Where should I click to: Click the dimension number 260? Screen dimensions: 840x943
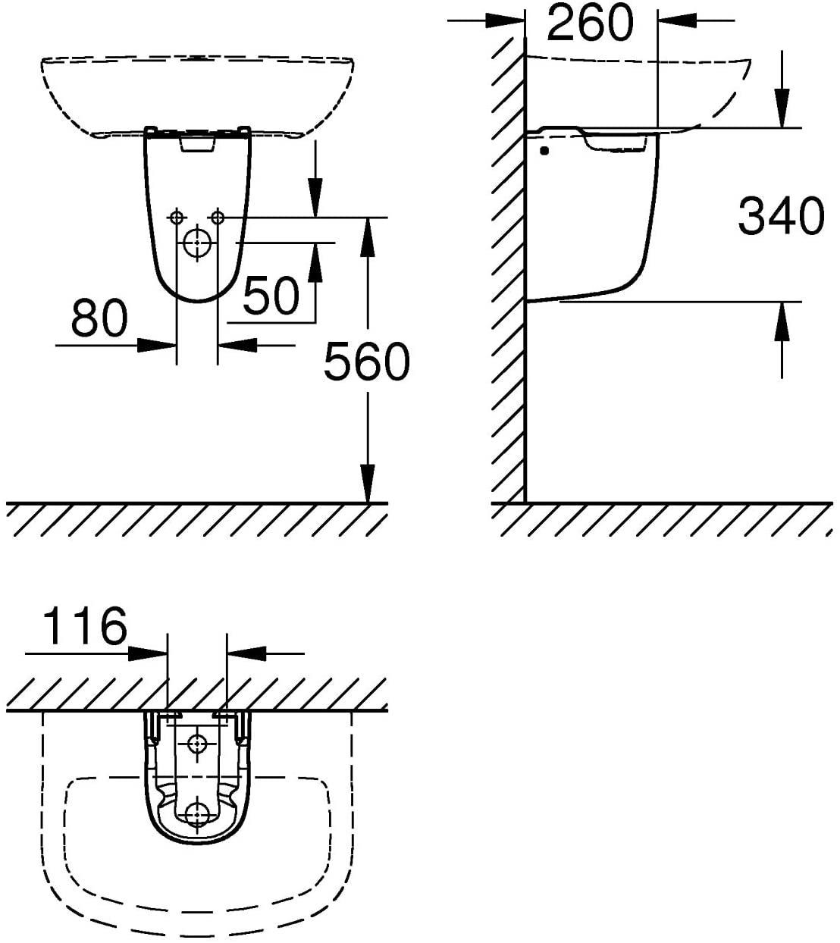[591, 21]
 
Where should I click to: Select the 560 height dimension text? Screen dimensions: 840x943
[366, 361]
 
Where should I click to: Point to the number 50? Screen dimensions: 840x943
[271, 295]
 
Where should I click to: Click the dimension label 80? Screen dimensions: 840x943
[99, 318]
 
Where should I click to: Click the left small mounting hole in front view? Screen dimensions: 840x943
[177, 218]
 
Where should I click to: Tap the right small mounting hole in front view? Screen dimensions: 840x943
[218, 218]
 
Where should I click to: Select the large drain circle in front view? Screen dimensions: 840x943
[197, 243]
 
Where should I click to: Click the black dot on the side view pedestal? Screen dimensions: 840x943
[544, 151]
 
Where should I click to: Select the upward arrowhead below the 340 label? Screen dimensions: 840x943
[782, 321]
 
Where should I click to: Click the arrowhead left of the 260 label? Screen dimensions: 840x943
[505, 20]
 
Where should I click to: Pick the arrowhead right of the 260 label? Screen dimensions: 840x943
[677, 20]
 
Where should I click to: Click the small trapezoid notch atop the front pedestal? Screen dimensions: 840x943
[197, 143]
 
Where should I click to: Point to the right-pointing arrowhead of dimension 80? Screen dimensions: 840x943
[157, 346]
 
